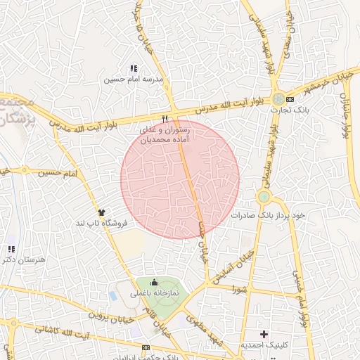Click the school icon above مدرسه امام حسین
pos(134,68)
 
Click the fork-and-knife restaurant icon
pos(165,119)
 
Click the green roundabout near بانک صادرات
pos(264,197)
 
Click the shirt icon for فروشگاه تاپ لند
pos(101,212)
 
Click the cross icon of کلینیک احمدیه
pos(264,333)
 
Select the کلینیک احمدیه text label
pos(262,345)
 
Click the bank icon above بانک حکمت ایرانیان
pos(146,347)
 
